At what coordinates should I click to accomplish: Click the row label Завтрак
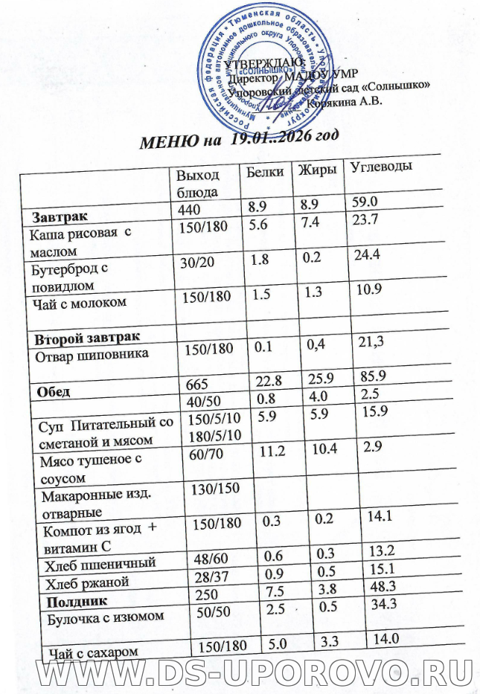pos(59,216)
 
